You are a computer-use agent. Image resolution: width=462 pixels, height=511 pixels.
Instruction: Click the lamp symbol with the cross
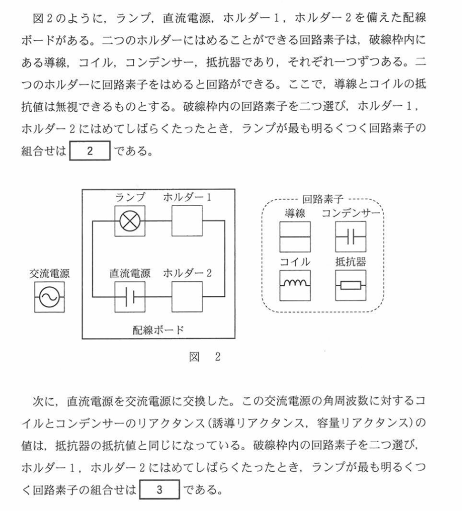(x=130, y=222)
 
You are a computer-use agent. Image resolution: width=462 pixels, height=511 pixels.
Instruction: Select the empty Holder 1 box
(x=187, y=222)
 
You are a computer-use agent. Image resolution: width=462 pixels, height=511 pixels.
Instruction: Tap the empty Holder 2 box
(x=187, y=296)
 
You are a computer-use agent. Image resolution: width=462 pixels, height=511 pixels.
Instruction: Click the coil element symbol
(x=295, y=285)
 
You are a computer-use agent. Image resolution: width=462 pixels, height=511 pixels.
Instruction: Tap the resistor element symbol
(x=351, y=285)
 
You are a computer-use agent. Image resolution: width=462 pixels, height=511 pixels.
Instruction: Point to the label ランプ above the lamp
(x=130, y=198)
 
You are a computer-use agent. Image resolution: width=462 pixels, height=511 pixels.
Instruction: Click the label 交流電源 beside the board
(x=49, y=273)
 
